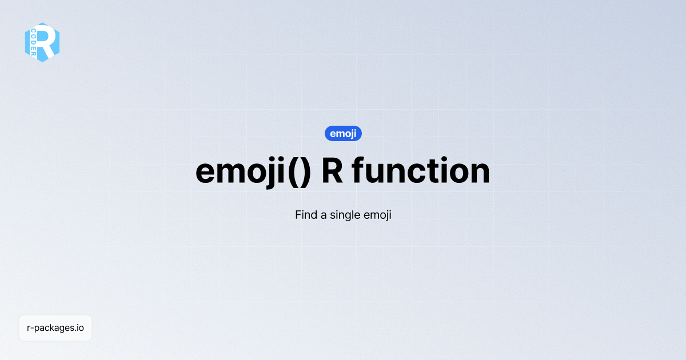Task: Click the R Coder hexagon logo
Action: coord(42,42)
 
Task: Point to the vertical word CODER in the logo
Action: coord(34,42)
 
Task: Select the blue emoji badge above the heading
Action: coord(343,134)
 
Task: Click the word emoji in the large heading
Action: coord(238,171)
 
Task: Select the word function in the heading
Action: coord(421,171)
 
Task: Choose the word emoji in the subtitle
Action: coord(377,216)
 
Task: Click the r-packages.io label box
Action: coord(55,328)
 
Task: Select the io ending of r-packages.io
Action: coord(80,328)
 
